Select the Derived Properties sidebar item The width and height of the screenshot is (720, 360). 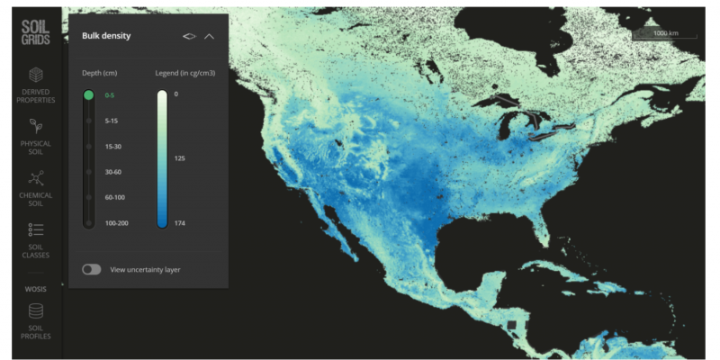click(36, 85)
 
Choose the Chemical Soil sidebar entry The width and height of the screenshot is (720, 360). click(36, 186)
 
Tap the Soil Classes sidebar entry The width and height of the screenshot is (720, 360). click(36, 239)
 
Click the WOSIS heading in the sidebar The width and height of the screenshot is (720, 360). click(36, 290)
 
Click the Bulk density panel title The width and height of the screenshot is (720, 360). click(107, 36)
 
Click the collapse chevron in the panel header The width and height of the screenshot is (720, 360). click(210, 37)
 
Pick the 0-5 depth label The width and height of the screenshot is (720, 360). click(110, 94)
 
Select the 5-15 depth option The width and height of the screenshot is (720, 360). click(112, 120)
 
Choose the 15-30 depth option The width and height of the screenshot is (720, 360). click(114, 146)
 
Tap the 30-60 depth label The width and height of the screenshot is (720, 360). click(114, 171)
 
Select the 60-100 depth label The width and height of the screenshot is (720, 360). click(115, 196)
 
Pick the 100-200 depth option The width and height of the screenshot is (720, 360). click(117, 222)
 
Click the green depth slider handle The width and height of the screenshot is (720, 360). click(88, 94)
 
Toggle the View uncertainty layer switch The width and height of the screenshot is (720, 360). click(91, 269)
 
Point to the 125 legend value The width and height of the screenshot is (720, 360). click(180, 157)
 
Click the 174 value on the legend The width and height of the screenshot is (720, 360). click(180, 222)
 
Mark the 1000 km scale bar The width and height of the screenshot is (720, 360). click(666, 34)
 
